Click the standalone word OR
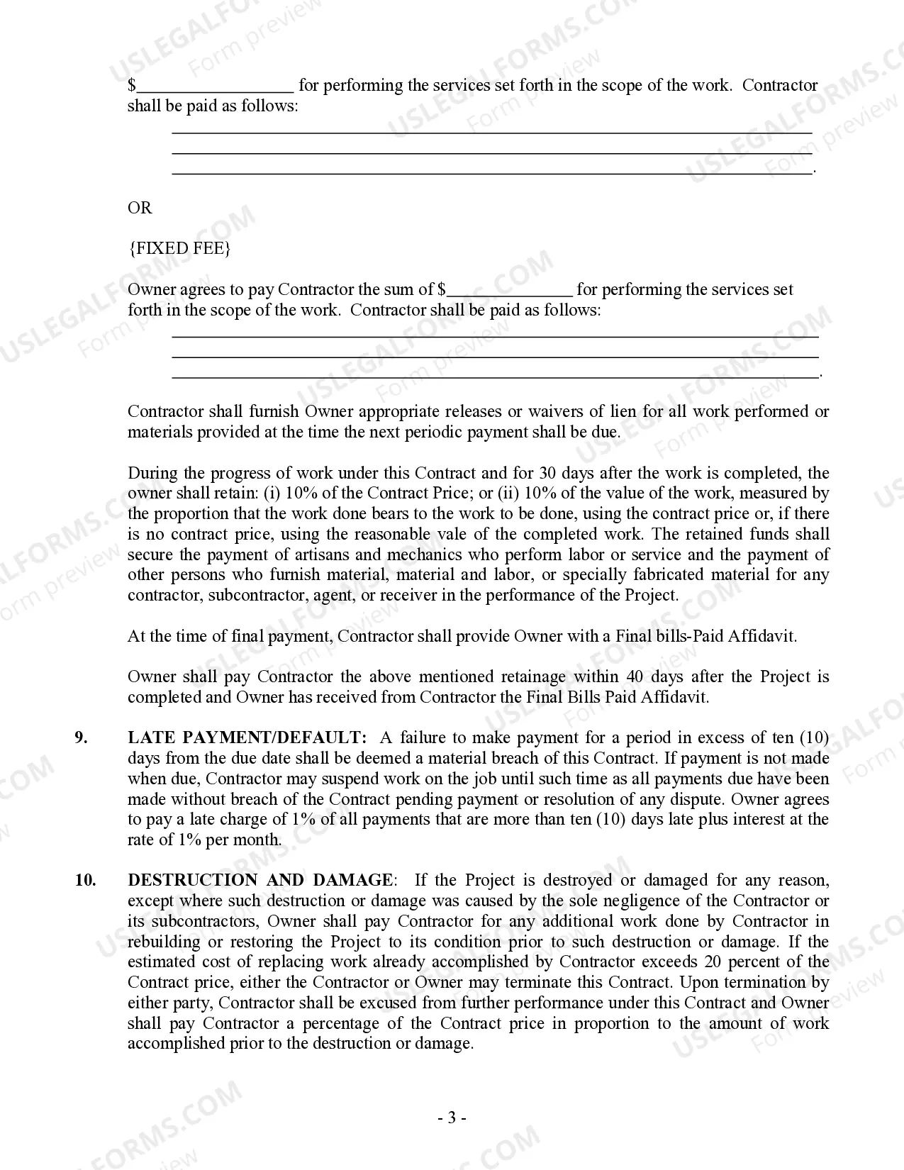coord(140,208)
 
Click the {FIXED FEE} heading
coord(179,248)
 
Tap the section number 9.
coord(82,738)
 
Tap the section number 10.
coord(85,881)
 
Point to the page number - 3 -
coord(452,1118)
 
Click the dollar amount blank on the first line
coord(215,87)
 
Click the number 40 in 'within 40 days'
coord(636,676)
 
